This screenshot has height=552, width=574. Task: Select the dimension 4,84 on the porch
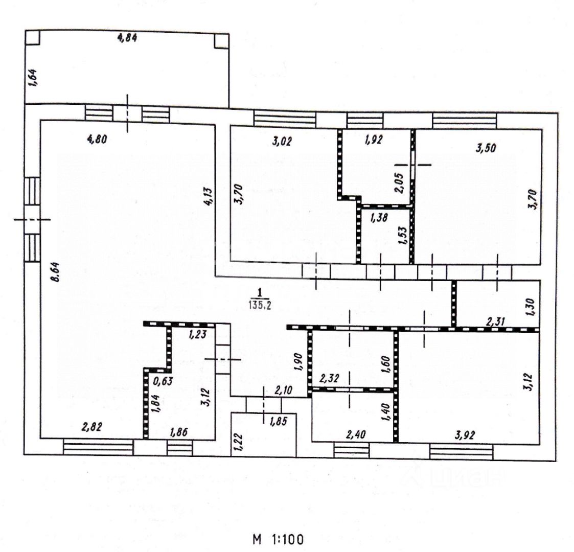coord(127,38)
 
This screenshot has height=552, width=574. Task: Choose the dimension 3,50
coord(486,149)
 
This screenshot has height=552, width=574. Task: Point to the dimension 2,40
coord(356,435)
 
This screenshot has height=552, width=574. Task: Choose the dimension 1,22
coord(237,440)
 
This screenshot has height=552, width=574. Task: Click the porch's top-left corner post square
coord(32,38)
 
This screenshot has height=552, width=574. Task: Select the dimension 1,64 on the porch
coord(31,78)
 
